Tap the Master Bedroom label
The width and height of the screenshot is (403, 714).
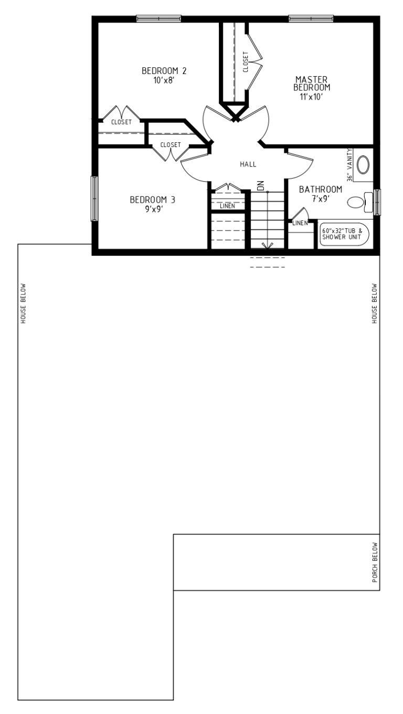(x=312, y=83)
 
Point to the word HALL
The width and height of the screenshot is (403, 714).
(x=248, y=164)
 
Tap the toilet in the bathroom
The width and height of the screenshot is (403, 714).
(x=360, y=202)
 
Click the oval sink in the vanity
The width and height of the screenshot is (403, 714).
(x=363, y=165)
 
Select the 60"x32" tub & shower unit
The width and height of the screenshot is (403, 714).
(x=344, y=234)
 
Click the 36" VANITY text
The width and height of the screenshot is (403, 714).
(x=350, y=165)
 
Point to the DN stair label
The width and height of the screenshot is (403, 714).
(x=261, y=186)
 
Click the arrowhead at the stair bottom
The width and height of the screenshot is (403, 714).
(x=267, y=246)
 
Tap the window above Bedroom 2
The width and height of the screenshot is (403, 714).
(x=158, y=18)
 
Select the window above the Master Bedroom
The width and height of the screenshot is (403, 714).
(x=311, y=18)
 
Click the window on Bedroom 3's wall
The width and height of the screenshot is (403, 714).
(x=94, y=198)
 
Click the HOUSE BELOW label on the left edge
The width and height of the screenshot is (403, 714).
(x=23, y=304)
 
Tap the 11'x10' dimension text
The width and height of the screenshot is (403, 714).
(x=311, y=97)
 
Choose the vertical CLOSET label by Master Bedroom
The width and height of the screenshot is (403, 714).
(x=245, y=62)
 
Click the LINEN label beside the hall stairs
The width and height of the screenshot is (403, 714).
(x=227, y=206)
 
